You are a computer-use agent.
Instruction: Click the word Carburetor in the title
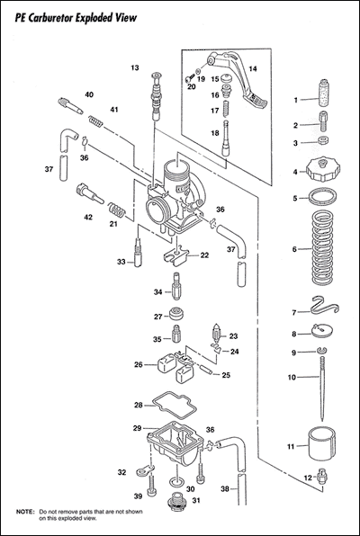pyautogui.click(x=52, y=18)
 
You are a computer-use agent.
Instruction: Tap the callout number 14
pyautogui.click(x=253, y=68)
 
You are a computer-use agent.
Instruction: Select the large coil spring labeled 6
pyautogui.click(x=322, y=248)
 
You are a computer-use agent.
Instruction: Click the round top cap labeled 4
pyautogui.click(x=322, y=170)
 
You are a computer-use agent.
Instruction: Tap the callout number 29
pyautogui.click(x=137, y=428)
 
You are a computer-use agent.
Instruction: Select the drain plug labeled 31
pyautogui.click(x=176, y=502)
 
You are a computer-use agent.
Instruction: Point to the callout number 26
pyautogui.click(x=139, y=365)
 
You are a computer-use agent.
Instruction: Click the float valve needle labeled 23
pyautogui.click(x=217, y=332)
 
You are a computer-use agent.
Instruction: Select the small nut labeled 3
pyautogui.click(x=322, y=140)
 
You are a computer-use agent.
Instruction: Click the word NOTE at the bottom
pyautogui.click(x=25, y=512)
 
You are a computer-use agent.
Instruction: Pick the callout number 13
pyautogui.click(x=135, y=67)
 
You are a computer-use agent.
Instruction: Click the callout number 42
pyautogui.click(x=88, y=217)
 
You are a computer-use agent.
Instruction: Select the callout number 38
pyautogui.click(x=224, y=489)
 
